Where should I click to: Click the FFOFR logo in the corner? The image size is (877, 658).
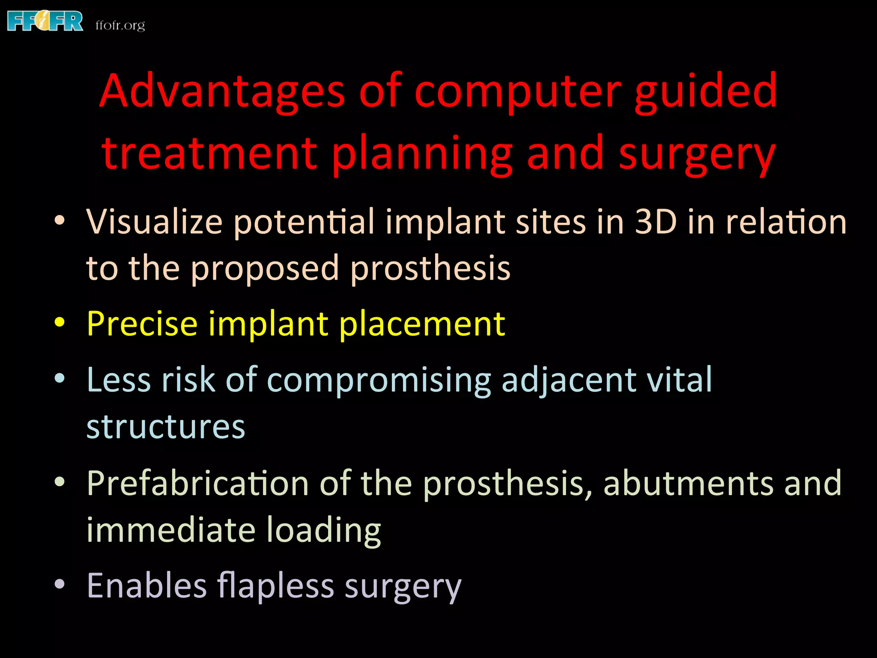45,21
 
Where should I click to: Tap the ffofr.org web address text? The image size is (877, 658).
120,25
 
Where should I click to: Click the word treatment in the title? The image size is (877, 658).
209,153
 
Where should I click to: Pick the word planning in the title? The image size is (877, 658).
422,153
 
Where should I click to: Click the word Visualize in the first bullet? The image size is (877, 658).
154,222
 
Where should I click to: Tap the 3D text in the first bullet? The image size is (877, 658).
656,222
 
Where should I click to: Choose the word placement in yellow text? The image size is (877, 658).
422,324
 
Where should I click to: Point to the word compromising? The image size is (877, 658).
379,380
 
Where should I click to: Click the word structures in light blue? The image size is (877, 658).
166,427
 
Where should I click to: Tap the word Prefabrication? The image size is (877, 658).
198,483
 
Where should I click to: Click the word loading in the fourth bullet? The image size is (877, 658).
324,530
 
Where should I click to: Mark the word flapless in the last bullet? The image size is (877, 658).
275,586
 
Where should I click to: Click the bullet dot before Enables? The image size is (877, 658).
60,584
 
